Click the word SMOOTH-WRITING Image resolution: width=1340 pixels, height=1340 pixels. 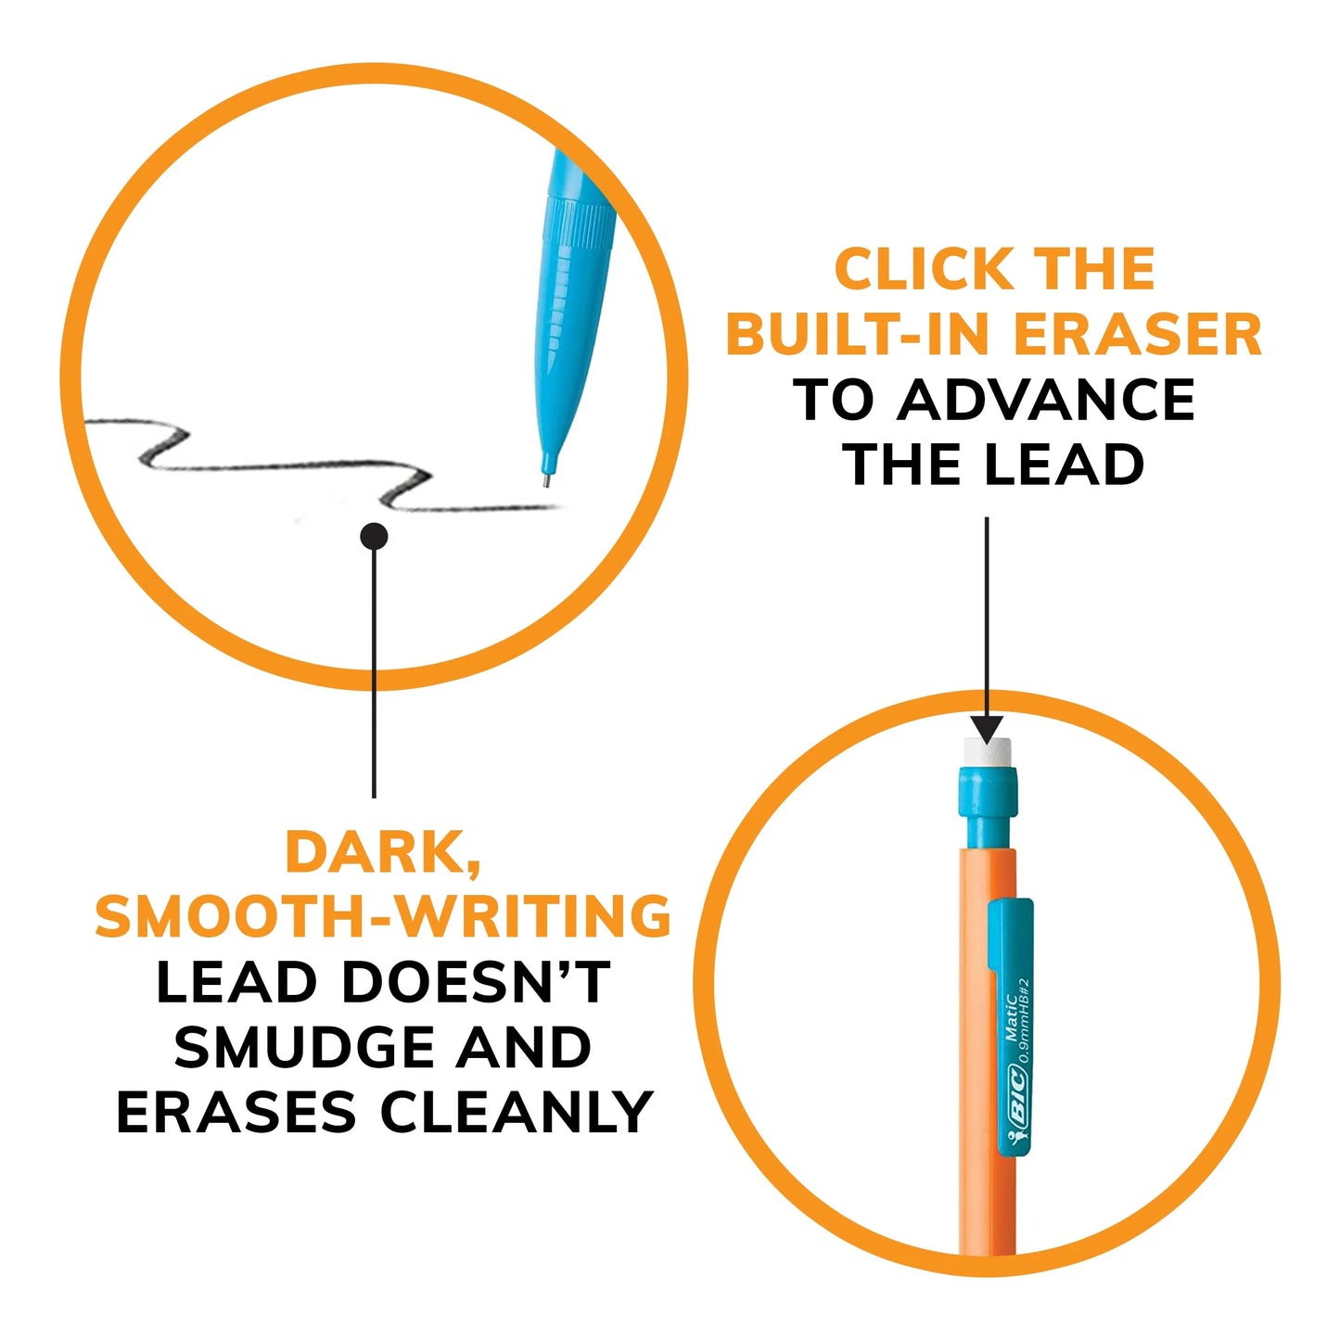pyautogui.click(x=383, y=917)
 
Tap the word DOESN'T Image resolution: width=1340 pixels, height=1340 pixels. pyautogui.click(x=476, y=983)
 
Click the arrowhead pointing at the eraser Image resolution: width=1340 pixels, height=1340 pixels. pyautogui.click(x=987, y=728)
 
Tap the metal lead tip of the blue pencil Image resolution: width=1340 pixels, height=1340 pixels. pyautogui.click(x=547, y=480)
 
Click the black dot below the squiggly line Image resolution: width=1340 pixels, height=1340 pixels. pyautogui.click(x=374, y=536)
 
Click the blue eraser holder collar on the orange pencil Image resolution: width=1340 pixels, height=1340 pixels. pyautogui.click(x=986, y=803)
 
